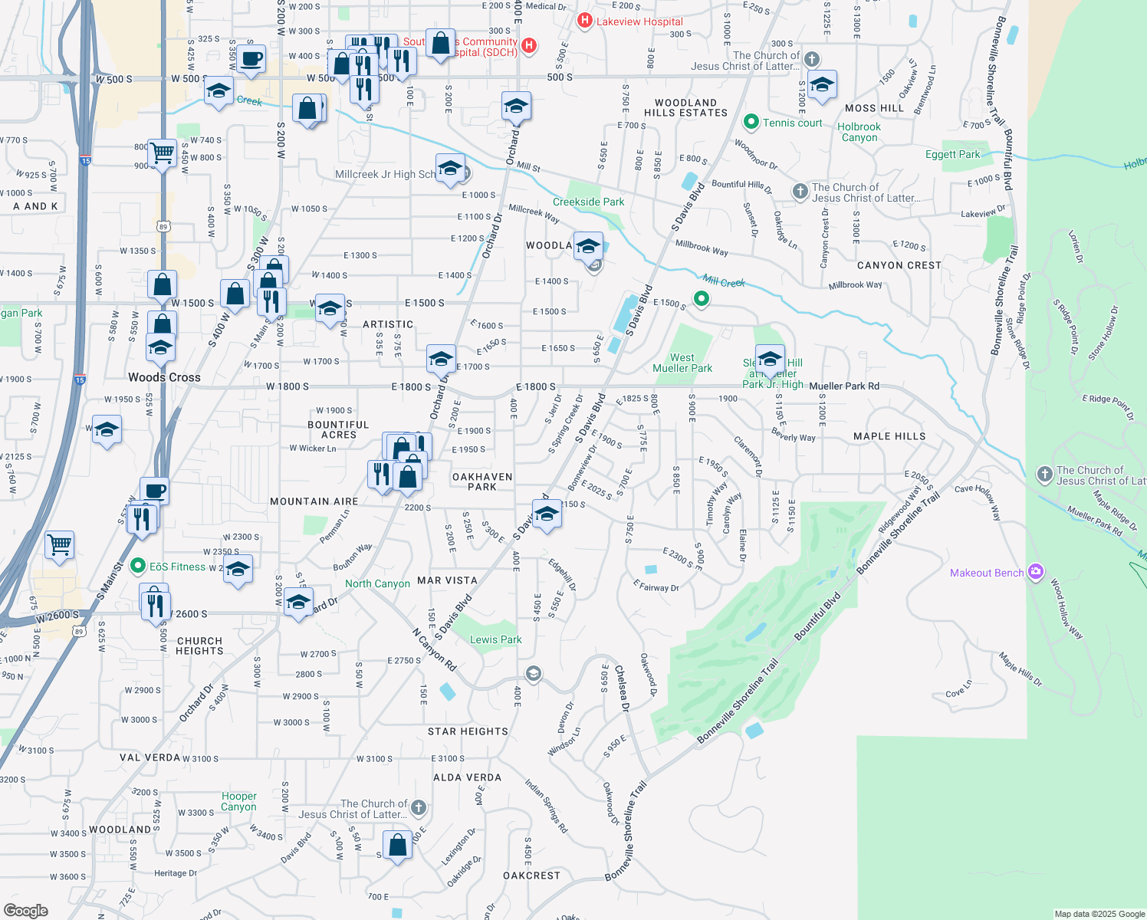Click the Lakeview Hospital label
pos(639,21)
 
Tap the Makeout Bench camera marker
pos(1036,572)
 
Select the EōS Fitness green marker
pos(138,567)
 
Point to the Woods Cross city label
pos(164,377)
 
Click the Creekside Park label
pos(588,202)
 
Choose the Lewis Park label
pos(495,639)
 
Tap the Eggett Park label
pos(952,154)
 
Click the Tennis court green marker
pos(751,122)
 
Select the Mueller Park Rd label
pos(844,386)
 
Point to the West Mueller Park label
pos(682,363)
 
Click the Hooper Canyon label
pos(239,801)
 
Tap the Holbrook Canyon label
pos(859,132)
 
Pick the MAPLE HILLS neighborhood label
pos(889,436)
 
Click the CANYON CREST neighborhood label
pos(899,265)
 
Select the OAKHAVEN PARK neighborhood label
pos(482,481)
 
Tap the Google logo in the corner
pos(26,910)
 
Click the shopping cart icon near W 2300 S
pos(59,544)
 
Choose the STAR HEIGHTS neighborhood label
pos(468,731)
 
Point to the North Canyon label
pos(377,583)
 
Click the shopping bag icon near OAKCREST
pos(398,845)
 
